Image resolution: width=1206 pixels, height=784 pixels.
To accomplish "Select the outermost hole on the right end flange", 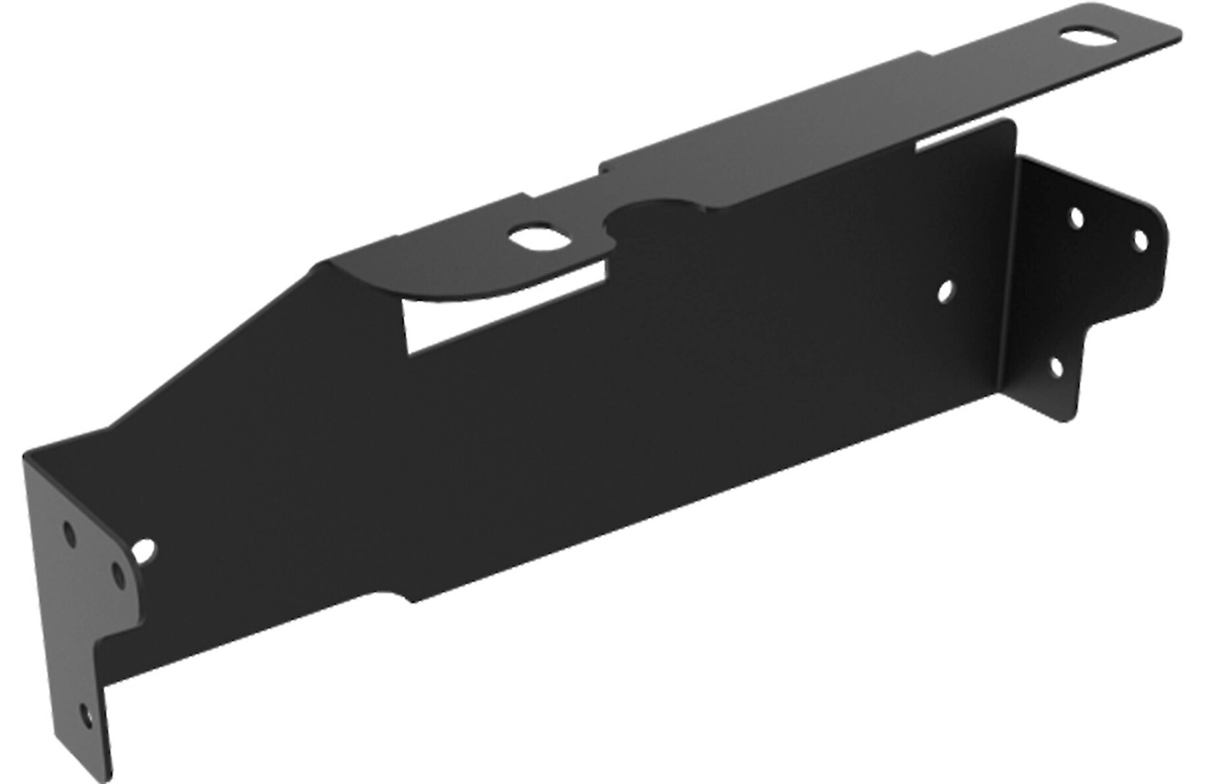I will (x=1140, y=241).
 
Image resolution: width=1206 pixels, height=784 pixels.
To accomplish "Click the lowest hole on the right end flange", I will (x=1056, y=368).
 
